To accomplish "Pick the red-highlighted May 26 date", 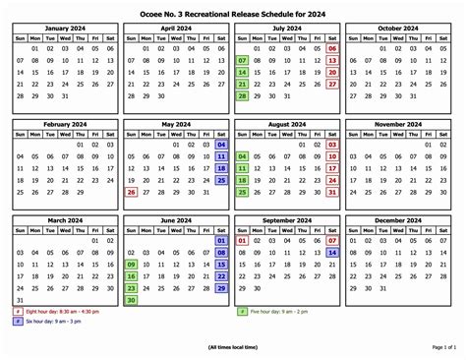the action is click(x=131, y=192).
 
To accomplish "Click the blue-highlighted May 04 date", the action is click(x=221, y=145).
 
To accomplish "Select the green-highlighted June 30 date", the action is click(x=131, y=300).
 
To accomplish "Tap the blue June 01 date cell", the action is click(x=221, y=240).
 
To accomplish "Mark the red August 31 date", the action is click(x=332, y=192).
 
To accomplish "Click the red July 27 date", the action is click(x=332, y=84).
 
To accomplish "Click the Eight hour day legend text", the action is click(x=63, y=312).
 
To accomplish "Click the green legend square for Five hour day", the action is click(x=242, y=312).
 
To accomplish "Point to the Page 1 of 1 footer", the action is click(x=444, y=347).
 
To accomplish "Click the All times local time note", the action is click(x=233, y=347).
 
